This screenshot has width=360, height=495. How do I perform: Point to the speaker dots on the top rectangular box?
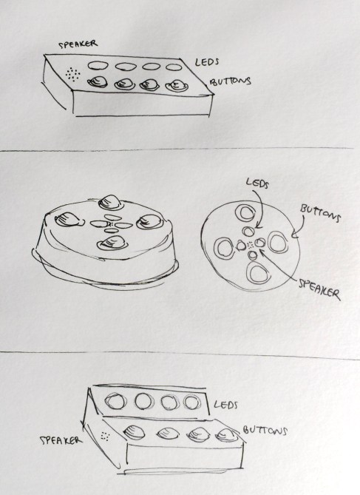tap(71, 75)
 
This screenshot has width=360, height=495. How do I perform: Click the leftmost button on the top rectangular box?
tap(97, 83)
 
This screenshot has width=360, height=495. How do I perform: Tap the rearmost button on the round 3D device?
tap(109, 200)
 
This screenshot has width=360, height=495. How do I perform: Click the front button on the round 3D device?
tap(111, 242)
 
